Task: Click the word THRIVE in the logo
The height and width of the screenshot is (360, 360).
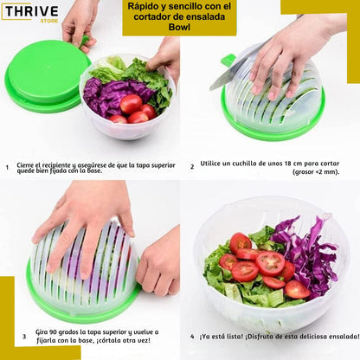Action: coord(32,11)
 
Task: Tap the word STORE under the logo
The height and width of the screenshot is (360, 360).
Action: coord(49,21)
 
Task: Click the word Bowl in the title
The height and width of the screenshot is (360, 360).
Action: coord(179,27)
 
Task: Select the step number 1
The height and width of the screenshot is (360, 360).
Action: coord(7,167)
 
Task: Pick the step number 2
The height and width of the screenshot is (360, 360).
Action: coord(192,167)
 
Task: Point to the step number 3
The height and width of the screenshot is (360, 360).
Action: coord(24,336)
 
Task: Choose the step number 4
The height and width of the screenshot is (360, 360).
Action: coord(192,337)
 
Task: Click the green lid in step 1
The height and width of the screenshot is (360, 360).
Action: coord(48,75)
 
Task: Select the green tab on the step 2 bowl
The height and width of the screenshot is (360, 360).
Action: coord(228,61)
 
